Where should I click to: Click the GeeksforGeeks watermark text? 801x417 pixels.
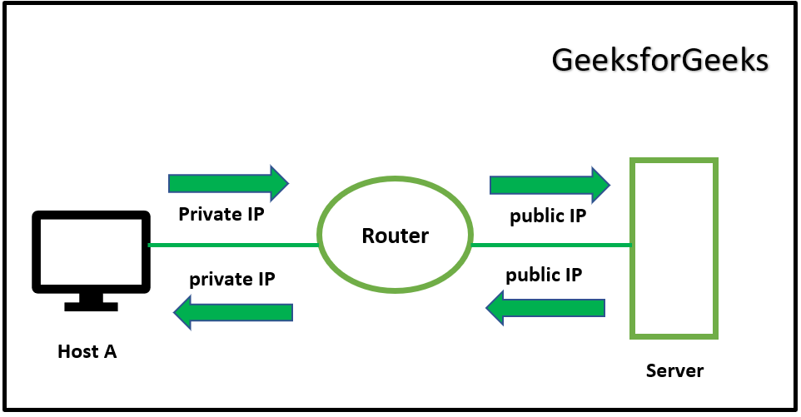[659, 62]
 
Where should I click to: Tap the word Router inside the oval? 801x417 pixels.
[395, 236]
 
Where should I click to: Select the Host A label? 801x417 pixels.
[87, 351]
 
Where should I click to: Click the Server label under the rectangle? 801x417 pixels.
[674, 370]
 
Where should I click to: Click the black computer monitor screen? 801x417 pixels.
[91, 251]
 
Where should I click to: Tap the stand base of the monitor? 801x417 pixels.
[91, 305]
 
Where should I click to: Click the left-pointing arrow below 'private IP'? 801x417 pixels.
[233, 312]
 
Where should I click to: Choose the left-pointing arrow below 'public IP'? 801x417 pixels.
[545, 308]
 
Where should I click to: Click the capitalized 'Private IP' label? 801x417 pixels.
[221, 214]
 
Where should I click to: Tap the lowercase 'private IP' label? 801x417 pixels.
[232, 279]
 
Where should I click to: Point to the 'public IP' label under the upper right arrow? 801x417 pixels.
[548, 216]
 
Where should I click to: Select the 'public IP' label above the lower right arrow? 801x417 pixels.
[544, 275]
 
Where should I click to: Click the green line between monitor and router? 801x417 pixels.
[233, 246]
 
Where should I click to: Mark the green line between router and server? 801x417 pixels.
[550, 246]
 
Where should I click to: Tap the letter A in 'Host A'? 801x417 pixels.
[109, 351]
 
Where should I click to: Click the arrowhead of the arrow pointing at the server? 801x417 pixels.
[601, 184]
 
